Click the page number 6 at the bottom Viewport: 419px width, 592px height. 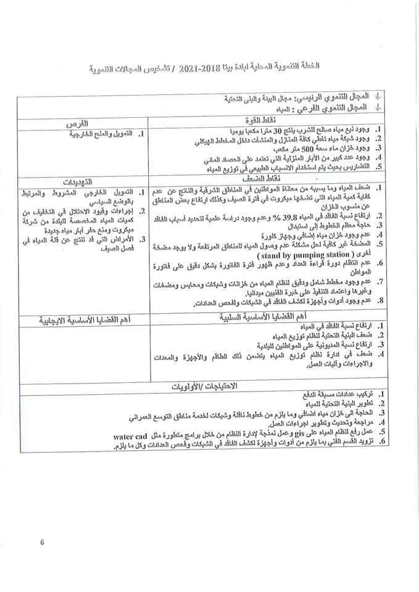(43, 542)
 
